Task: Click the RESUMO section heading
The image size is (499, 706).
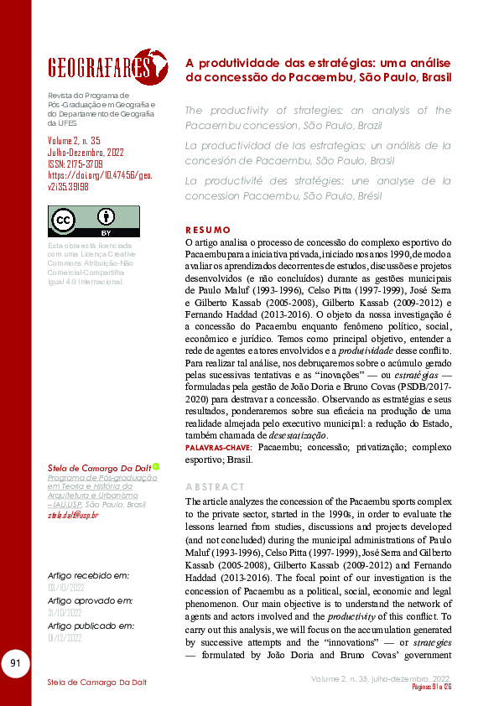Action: click(x=207, y=229)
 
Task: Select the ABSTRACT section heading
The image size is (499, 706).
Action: click(x=215, y=486)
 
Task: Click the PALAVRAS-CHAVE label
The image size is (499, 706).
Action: click(x=219, y=449)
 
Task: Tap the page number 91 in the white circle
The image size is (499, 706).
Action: click(x=15, y=664)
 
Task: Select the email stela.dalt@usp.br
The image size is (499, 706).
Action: click(x=73, y=515)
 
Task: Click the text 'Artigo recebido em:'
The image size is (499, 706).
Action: click(x=88, y=576)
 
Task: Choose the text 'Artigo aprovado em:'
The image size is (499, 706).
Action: click(x=90, y=601)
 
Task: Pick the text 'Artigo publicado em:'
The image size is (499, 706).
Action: click(x=91, y=626)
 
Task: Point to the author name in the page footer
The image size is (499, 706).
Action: click(x=96, y=682)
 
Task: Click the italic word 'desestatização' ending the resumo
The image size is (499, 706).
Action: click(x=296, y=436)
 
